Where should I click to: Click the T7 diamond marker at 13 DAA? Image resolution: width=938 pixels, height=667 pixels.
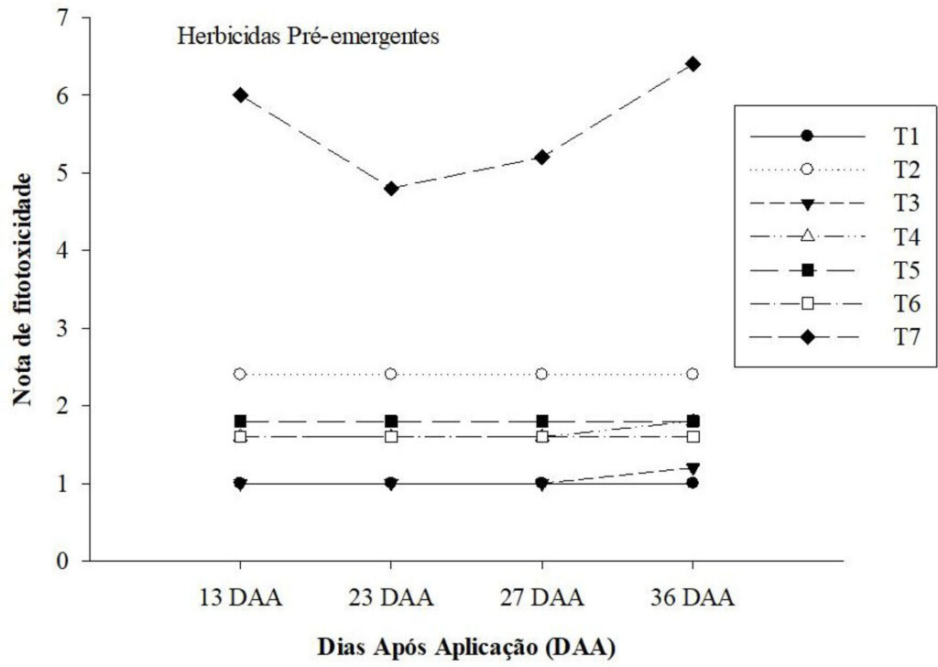(x=240, y=94)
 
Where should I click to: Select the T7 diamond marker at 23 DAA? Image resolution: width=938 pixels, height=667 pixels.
(x=391, y=189)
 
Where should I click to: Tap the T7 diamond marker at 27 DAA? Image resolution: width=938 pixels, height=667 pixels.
(x=542, y=157)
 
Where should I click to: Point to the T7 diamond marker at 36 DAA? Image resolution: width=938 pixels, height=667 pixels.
(x=693, y=63)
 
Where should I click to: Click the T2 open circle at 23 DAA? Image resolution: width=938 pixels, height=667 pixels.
(x=391, y=374)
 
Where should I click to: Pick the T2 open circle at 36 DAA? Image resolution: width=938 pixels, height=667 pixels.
(x=693, y=374)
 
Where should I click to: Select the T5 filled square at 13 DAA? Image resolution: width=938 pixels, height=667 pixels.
(x=240, y=421)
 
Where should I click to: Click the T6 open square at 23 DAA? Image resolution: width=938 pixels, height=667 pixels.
(x=391, y=436)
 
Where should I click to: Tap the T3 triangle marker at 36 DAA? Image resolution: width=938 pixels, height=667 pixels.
(x=693, y=468)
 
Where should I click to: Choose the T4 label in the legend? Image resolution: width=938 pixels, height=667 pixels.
(x=906, y=235)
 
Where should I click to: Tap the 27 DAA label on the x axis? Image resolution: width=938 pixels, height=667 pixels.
(x=542, y=599)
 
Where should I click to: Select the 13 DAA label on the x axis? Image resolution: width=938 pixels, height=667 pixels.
(x=240, y=599)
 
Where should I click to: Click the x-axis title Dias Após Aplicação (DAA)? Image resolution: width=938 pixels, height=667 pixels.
(x=466, y=644)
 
